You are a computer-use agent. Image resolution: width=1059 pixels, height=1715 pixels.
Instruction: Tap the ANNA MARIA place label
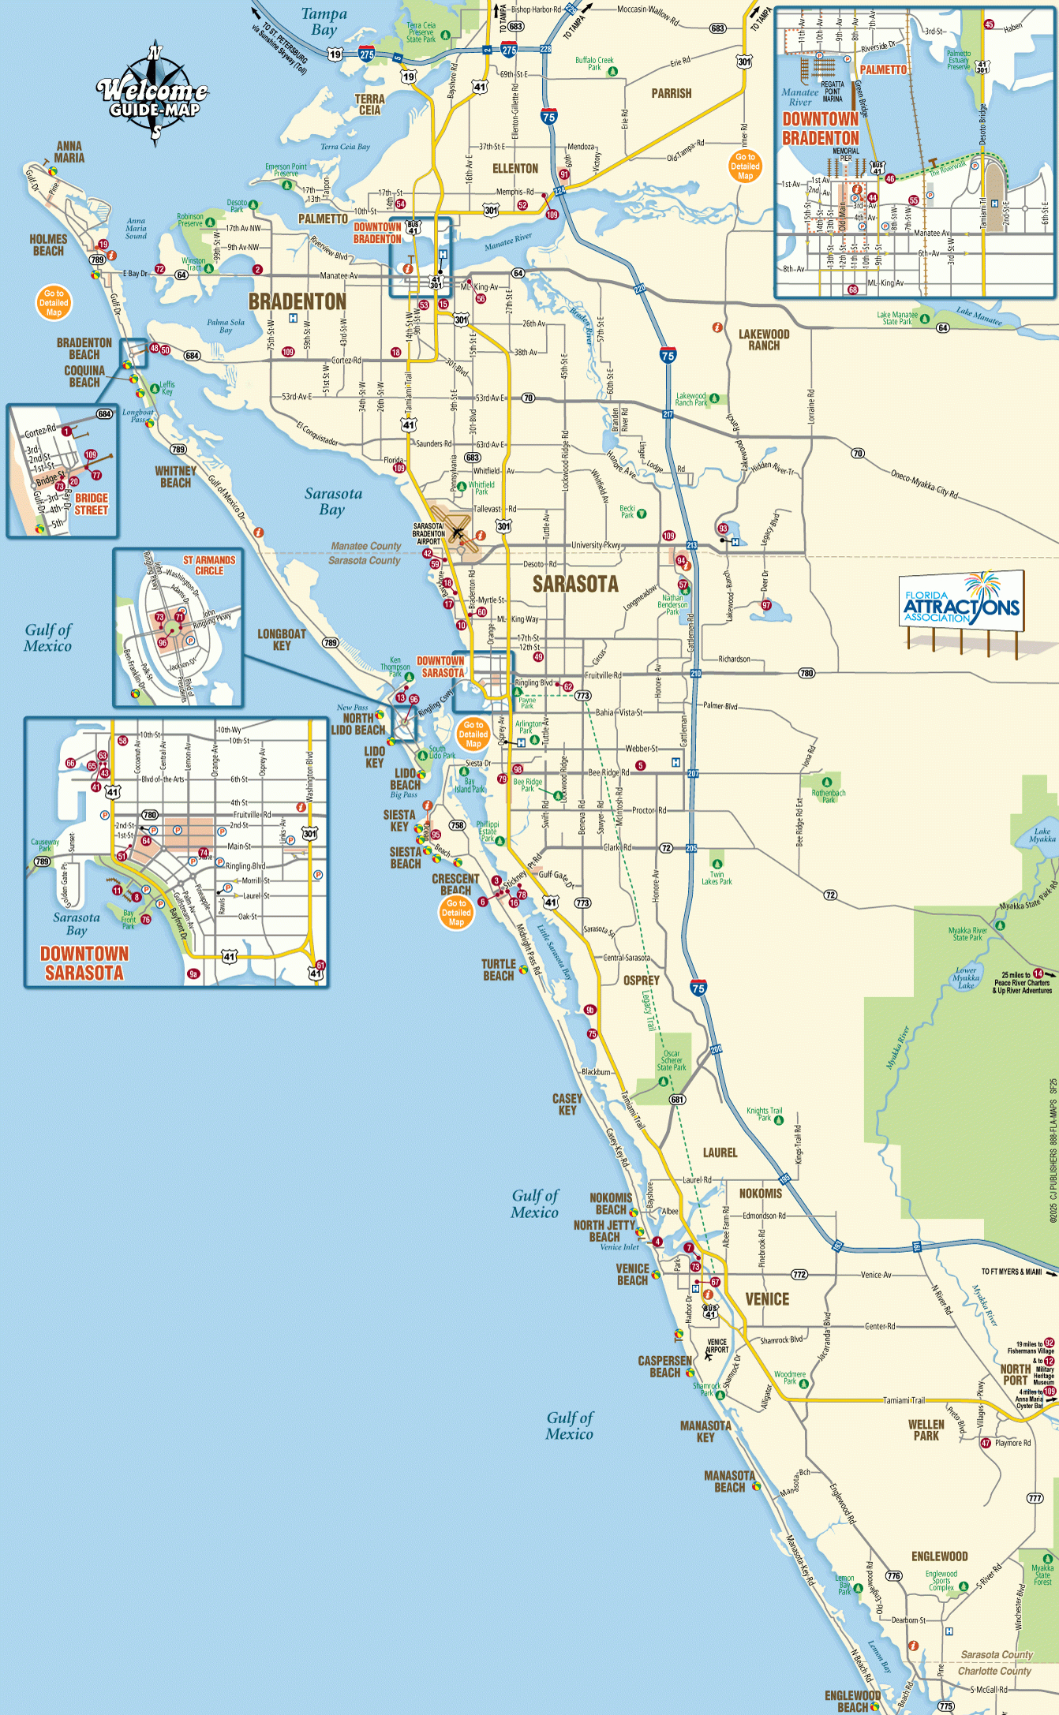tap(69, 152)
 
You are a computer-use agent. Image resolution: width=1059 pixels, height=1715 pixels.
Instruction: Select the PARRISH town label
tap(671, 93)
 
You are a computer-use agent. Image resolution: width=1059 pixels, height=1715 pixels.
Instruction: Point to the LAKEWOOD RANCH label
tap(763, 340)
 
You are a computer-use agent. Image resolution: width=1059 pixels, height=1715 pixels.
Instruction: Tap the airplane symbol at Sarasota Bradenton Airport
tap(458, 532)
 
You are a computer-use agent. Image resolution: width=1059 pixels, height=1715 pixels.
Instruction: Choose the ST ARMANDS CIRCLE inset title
tap(209, 565)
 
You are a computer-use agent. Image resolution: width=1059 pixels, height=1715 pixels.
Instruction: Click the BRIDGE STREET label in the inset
tap(92, 504)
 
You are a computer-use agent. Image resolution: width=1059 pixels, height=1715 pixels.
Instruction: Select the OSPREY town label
tap(641, 981)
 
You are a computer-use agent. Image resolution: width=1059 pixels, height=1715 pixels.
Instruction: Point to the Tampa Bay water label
tap(324, 21)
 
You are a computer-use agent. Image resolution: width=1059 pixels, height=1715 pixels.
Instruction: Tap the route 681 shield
tap(677, 1100)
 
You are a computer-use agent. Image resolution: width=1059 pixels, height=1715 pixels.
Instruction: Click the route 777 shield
tap(1035, 1498)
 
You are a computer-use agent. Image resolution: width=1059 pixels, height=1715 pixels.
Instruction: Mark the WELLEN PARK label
tap(926, 1430)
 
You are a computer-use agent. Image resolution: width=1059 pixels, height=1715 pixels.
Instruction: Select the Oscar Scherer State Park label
tap(672, 1061)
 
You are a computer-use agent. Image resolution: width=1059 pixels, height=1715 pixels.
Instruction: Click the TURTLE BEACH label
tap(498, 970)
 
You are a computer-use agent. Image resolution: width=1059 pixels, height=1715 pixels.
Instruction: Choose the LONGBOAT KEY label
tap(282, 640)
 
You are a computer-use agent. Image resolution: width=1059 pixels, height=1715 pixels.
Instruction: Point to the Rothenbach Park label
tap(828, 796)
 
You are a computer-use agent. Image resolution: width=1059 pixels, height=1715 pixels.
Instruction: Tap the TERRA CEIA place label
tap(369, 105)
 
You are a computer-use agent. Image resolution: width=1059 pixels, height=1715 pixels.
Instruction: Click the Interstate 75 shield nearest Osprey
tap(698, 988)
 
